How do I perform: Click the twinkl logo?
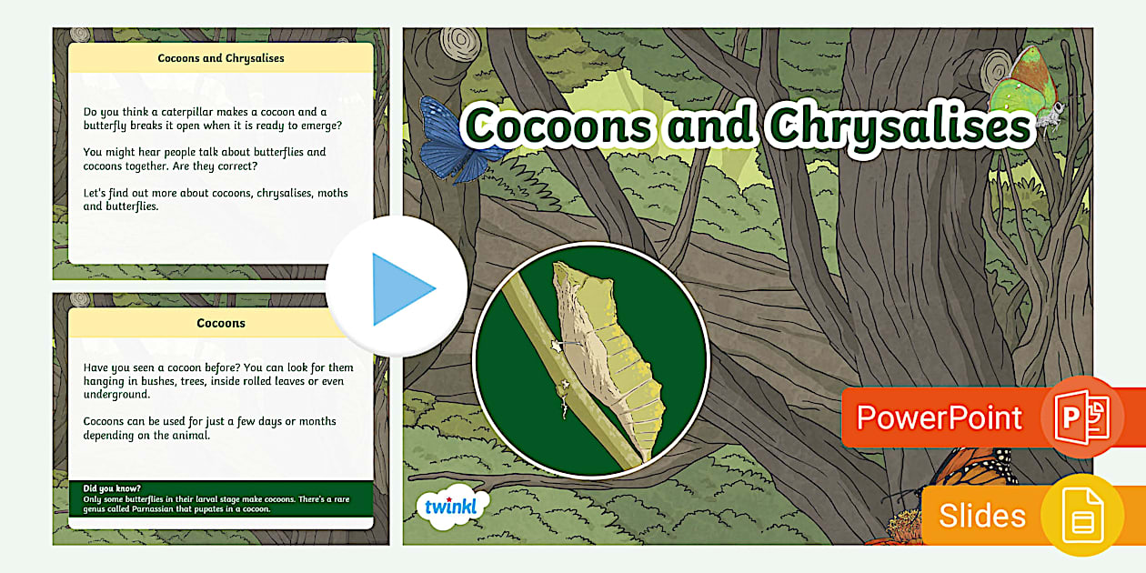pyautogui.click(x=452, y=507)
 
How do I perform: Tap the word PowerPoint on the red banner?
pyautogui.click(x=939, y=417)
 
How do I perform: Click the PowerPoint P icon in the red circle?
pyautogui.click(x=1081, y=417)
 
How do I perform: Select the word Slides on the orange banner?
pyautogui.click(x=982, y=516)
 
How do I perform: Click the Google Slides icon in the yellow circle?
pyautogui.click(x=1081, y=515)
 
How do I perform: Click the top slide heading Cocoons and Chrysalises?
pyautogui.click(x=221, y=58)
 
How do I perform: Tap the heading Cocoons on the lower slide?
pyautogui.click(x=221, y=323)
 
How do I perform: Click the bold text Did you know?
pyautogui.click(x=112, y=488)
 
